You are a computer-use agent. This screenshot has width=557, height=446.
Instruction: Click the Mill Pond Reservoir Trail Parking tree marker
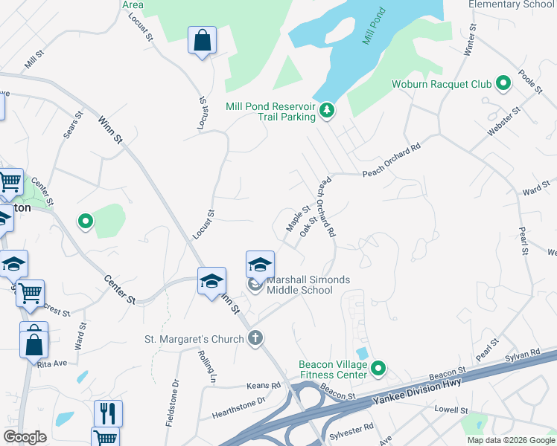(326, 111)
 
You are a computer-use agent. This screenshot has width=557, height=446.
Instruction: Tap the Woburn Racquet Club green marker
(503, 84)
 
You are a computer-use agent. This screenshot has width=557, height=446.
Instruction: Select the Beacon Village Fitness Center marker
(378, 368)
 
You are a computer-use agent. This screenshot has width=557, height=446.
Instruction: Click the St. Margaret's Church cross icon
(255, 339)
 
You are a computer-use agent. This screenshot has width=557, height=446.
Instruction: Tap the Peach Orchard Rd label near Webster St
(392, 164)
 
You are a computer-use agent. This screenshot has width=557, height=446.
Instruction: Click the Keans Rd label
(265, 386)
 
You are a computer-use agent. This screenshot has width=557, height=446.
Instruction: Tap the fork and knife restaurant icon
(108, 413)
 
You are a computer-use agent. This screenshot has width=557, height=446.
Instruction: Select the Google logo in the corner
(25, 437)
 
